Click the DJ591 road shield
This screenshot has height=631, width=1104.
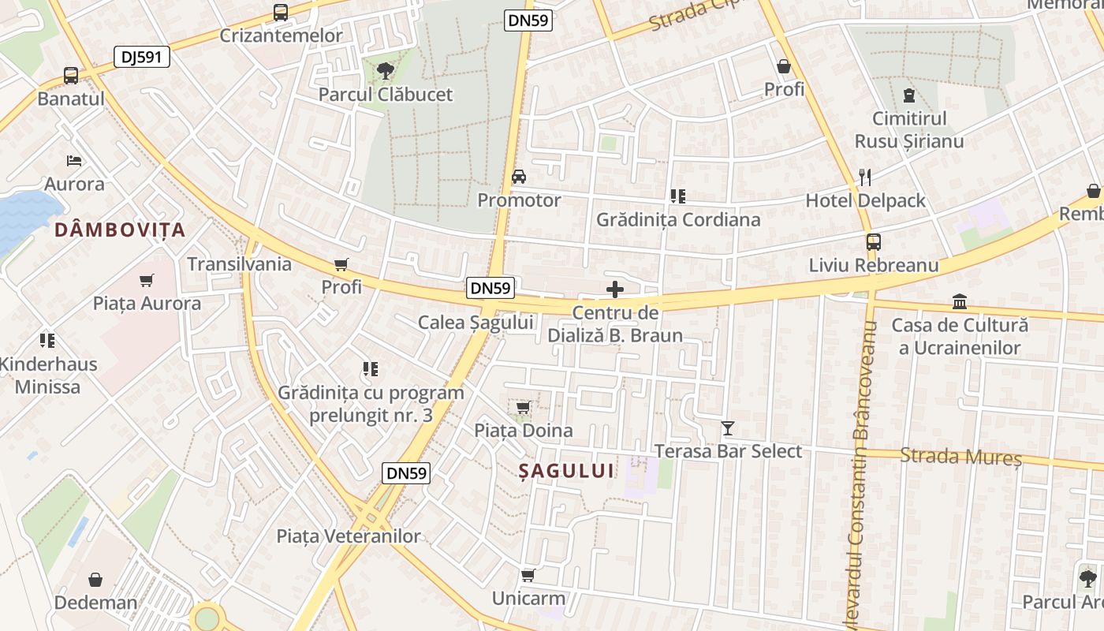click(142, 57)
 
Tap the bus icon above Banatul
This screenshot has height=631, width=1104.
click(71, 76)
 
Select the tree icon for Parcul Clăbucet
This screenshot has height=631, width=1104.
click(385, 72)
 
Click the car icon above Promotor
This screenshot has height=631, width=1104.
click(519, 177)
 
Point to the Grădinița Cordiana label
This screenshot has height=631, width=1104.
click(678, 219)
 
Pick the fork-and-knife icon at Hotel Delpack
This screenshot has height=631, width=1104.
click(865, 177)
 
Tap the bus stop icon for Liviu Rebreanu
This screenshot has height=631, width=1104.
click(873, 242)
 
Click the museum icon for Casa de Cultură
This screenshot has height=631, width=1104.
click(960, 302)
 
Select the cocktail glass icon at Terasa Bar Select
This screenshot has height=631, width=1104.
click(727, 428)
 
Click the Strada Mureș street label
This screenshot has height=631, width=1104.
click(960, 456)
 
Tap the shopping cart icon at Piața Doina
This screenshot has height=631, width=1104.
click(523, 408)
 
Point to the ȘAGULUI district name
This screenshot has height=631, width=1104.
click(566, 471)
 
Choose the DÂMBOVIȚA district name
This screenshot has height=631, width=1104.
click(120, 230)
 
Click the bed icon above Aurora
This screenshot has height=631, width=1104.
click(74, 161)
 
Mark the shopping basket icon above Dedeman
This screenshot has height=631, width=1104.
click(95, 581)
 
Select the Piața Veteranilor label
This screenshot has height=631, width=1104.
click(349, 536)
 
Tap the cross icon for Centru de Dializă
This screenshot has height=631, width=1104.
click(615, 289)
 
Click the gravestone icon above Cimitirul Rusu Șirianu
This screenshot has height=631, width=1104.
click(909, 96)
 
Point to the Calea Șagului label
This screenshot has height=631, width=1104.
click(476, 322)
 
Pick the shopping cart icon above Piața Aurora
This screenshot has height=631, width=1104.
click(146, 280)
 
